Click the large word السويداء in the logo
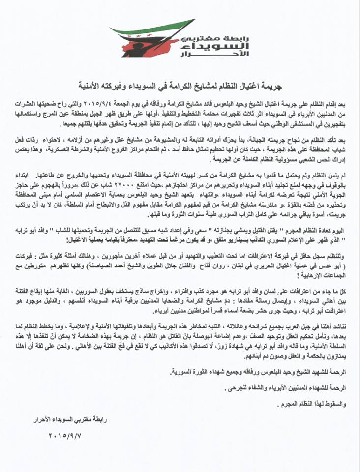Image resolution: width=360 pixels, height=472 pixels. [216, 46]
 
